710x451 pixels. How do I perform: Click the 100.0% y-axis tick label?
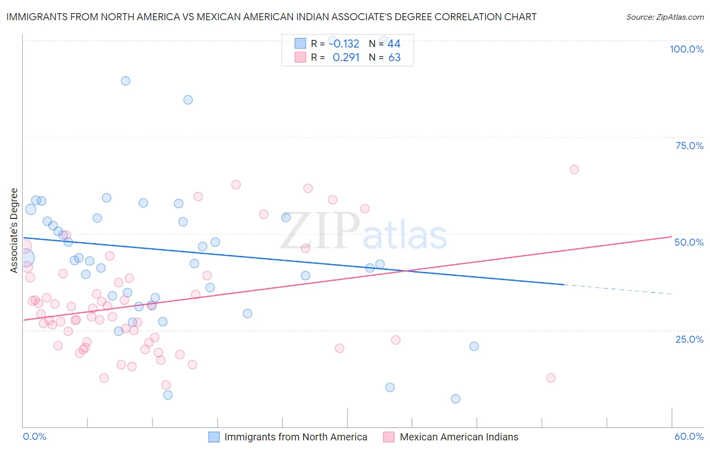686,49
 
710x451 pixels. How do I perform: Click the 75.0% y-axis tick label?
689,146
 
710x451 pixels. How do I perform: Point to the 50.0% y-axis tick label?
689,242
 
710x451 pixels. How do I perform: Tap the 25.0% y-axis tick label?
689,339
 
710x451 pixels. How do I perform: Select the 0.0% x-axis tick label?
34,436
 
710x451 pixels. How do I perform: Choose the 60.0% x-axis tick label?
689,436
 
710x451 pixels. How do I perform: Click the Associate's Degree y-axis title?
14,231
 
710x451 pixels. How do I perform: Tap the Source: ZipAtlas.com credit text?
665,17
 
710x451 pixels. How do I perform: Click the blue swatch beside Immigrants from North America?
214,437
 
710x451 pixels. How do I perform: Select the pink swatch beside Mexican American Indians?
389,437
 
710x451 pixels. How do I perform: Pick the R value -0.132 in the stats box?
344,44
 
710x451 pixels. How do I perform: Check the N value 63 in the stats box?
394,58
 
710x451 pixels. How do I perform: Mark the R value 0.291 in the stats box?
346,58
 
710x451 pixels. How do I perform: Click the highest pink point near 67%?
574,169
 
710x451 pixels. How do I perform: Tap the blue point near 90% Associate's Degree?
126,81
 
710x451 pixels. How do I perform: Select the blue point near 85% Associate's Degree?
188,100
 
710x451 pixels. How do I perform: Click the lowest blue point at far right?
455,399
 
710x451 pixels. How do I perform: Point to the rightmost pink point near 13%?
551,378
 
